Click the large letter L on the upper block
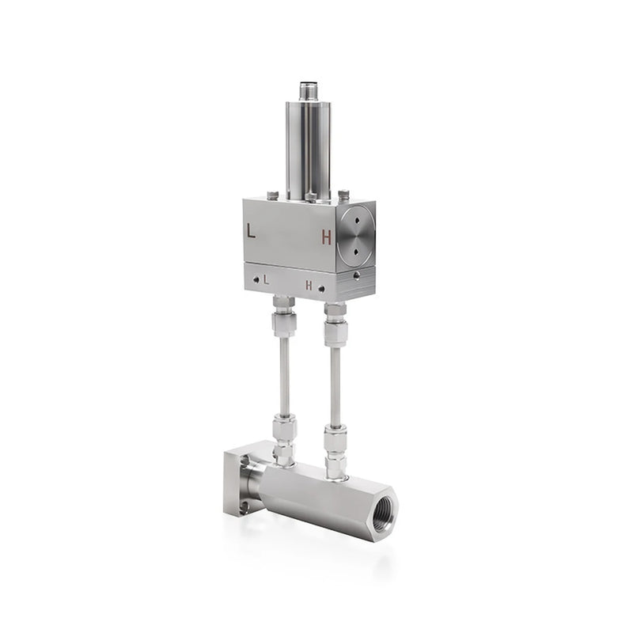click(251, 230)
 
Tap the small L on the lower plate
click(266, 280)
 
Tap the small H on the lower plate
click(309, 286)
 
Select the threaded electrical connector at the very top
click(309, 92)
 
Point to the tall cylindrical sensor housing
click(309, 150)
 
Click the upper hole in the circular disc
click(357, 221)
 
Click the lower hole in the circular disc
click(356, 252)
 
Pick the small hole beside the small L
click(256, 279)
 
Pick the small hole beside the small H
click(321, 289)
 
